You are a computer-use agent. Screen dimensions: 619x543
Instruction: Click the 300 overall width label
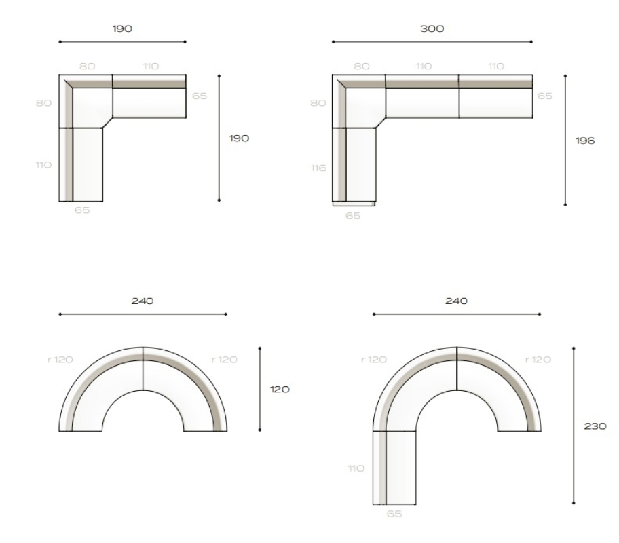[x=432, y=29]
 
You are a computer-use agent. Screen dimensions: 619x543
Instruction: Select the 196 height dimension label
[x=585, y=141]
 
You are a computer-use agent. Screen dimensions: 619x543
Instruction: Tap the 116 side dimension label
[x=318, y=168]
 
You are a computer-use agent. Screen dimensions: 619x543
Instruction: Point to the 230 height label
[x=595, y=426]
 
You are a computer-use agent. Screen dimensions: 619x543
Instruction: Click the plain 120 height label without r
[x=280, y=390]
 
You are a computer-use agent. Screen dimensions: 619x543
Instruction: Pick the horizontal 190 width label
[x=122, y=29]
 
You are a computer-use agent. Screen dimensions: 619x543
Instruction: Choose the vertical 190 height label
[x=239, y=138]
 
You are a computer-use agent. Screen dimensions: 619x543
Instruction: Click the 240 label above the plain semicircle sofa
[x=143, y=301]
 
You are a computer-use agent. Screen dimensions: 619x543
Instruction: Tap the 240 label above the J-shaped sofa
[x=456, y=301]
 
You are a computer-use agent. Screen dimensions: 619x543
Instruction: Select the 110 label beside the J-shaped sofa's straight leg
[x=356, y=469]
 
